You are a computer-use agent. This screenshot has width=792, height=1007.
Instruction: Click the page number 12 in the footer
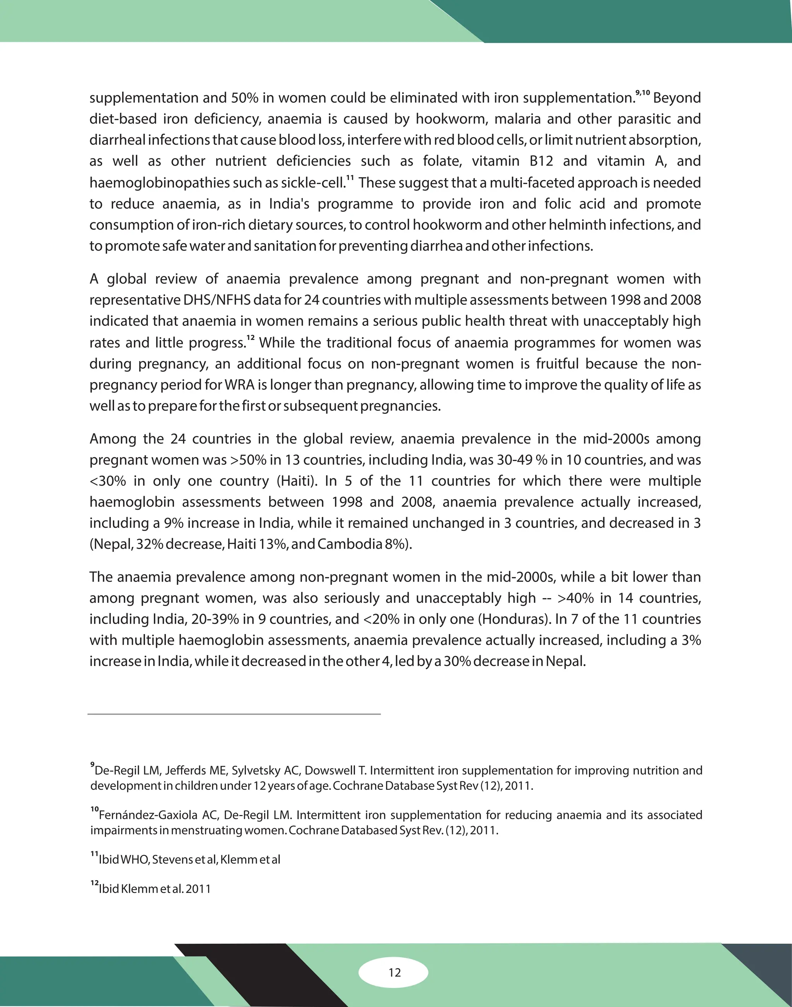click(394, 972)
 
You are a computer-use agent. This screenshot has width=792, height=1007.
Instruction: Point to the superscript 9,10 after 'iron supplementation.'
click(643, 93)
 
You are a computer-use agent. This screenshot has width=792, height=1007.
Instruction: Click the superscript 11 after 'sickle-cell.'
click(350, 178)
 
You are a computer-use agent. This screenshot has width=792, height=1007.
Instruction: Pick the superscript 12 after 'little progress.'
click(250, 338)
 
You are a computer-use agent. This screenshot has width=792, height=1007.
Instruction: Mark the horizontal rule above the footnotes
click(234, 714)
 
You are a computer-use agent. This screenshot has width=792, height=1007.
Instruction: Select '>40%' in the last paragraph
click(575, 598)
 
